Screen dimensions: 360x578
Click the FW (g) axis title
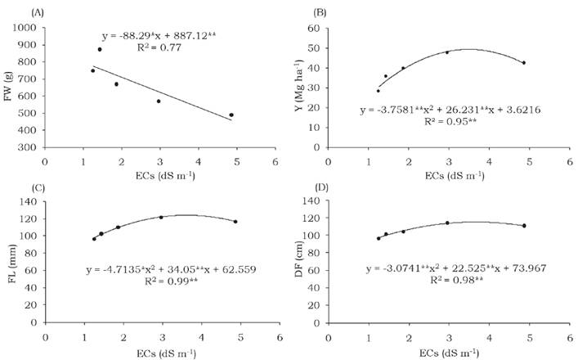click(8, 88)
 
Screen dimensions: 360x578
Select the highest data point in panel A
click(100, 49)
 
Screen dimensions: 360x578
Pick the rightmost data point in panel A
click(231, 115)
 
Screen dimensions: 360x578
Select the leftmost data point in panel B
click(379, 91)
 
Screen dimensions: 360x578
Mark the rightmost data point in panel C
click(235, 222)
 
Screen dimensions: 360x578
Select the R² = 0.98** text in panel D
click(455, 281)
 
